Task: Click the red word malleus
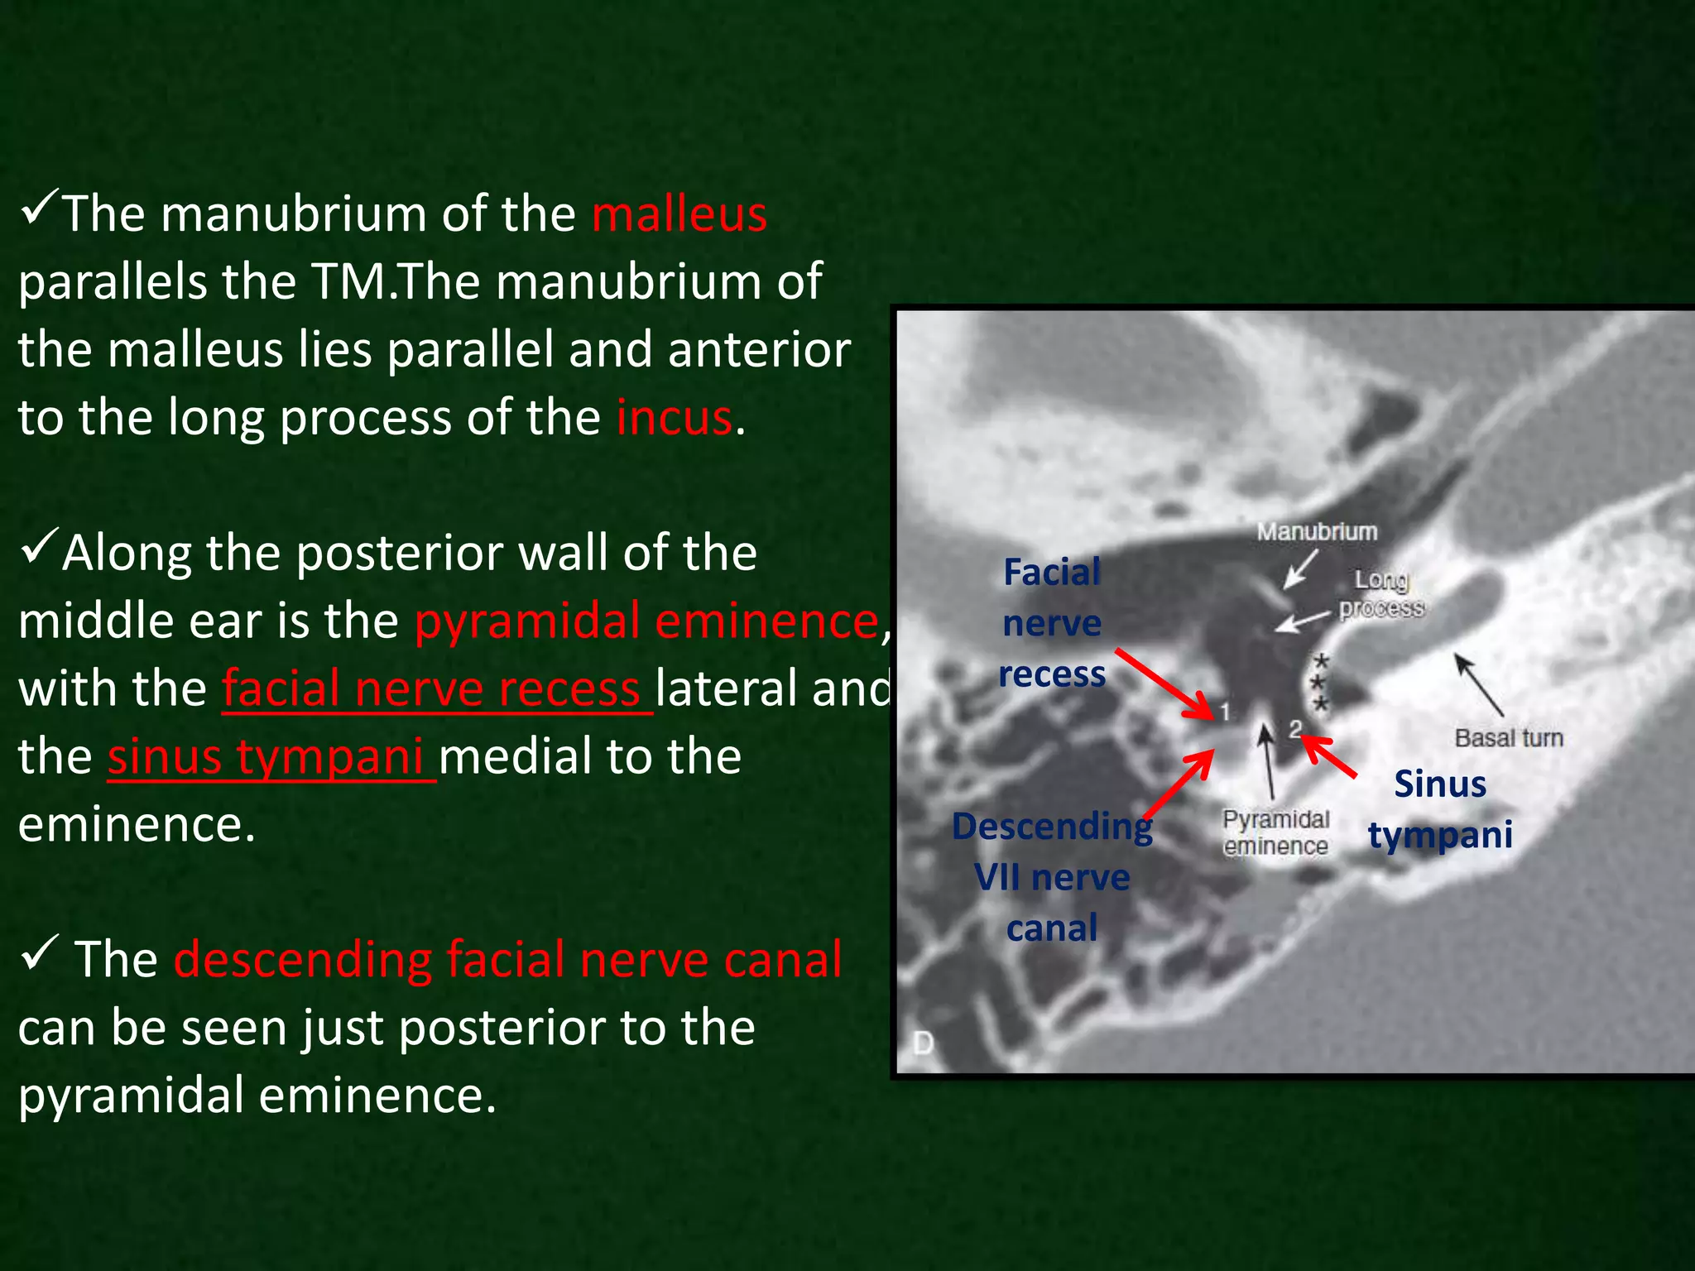[x=679, y=214]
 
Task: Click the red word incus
[x=674, y=418]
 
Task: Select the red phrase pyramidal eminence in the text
[x=646, y=621]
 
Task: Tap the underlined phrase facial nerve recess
[x=430, y=689]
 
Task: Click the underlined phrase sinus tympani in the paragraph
[x=266, y=757]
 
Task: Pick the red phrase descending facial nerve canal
[x=507, y=960]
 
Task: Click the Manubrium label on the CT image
[x=1317, y=532]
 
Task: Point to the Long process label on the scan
[x=1381, y=594]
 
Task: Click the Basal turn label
[x=1509, y=738]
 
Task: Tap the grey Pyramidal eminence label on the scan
[x=1275, y=832]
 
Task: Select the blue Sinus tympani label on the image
[x=1440, y=808]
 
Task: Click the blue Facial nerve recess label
[x=1052, y=623]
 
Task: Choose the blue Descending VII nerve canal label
[x=1052, y=877]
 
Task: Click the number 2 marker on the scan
[x=1294, y=728]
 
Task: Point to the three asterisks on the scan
[x=1321, y=683]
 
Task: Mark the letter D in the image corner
[x=923, y=1043]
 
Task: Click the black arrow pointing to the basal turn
[x=1479, y=685]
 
